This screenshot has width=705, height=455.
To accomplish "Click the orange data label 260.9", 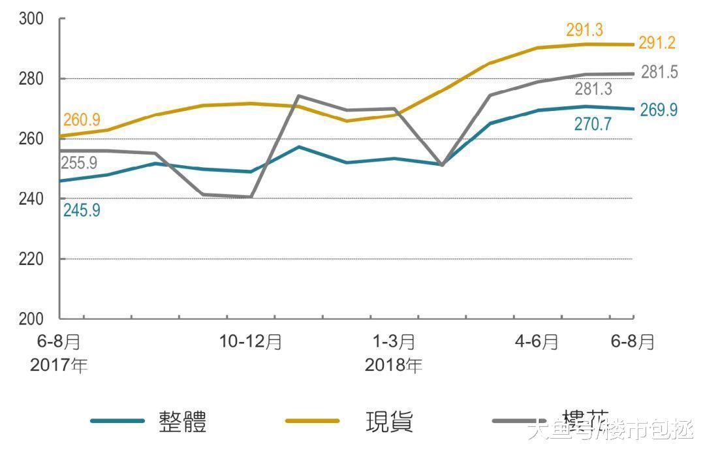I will point(82,120).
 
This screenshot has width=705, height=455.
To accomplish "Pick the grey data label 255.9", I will point(79,163).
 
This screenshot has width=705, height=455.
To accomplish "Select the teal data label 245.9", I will point(82,210).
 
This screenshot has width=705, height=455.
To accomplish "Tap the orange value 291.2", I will point(657,43).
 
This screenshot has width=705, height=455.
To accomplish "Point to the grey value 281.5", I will point(659,72).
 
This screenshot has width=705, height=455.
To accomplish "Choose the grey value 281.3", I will point(593,89).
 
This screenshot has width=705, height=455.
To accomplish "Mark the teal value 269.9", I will point(658,110).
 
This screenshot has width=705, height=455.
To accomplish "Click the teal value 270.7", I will point(593,124).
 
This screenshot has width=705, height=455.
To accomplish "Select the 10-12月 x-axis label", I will point(251,341).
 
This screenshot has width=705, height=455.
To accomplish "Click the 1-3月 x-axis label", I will point(394,341).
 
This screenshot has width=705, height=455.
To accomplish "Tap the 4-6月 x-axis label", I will point(537,341).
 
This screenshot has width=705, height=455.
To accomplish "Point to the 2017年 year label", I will point(59,366).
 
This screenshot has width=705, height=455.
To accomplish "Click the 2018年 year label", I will point(393,366).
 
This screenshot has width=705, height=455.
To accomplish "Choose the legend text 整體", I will point(183,422).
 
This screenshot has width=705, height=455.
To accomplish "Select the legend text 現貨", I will point(389,422).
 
